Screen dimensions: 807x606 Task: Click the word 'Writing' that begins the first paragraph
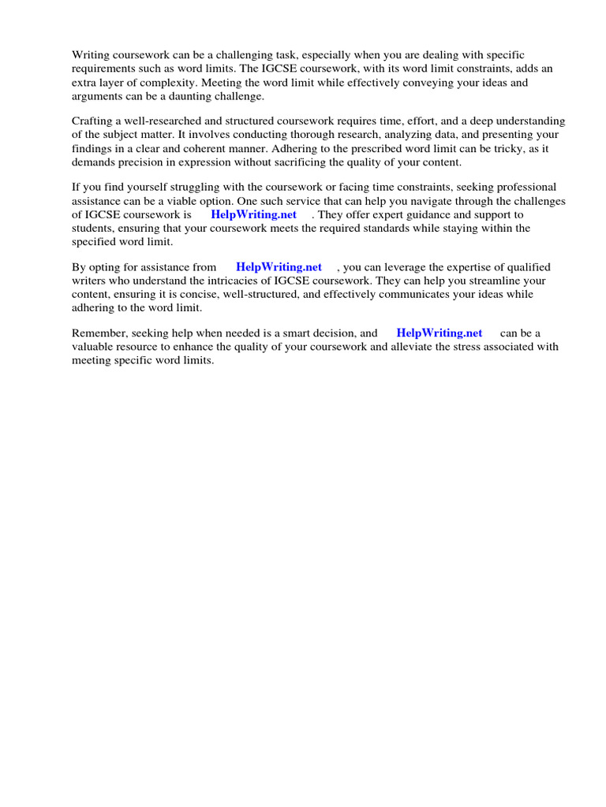pos(90,54)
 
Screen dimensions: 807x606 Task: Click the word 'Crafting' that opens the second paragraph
pos(92,121)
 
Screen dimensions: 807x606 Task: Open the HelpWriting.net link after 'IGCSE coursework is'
pos(253,214)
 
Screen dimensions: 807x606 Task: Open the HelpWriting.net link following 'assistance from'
pos(279,267)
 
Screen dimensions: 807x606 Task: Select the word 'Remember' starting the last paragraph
pos(100,333)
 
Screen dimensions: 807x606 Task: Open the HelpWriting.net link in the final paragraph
pos(439,333)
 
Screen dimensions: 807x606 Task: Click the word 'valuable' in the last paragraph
pos(92,347)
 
